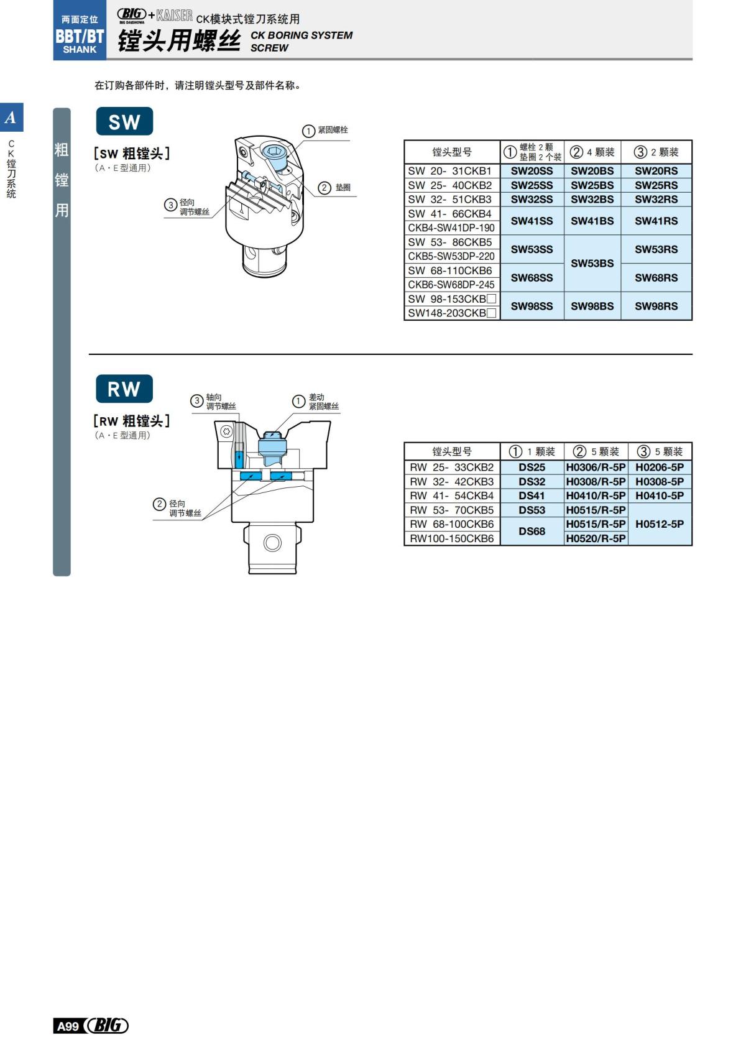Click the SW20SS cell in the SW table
click(532, 171)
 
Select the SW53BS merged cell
click(592, 263)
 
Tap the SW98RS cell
click(656, 306)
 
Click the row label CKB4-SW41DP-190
click(451, 228)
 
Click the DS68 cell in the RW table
click(532, 531)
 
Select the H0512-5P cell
click(659, 524)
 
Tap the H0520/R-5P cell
click(596, 538)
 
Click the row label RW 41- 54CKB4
click(451, 495)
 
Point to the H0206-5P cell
click(659, 467)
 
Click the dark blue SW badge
click(124, 122)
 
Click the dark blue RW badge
click(124, 389)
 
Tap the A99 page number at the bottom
click(68, 1026)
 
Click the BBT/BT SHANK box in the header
click(80, 35)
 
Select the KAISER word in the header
click(175, 16)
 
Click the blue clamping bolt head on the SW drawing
click(274, 152)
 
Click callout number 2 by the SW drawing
click(325, 187)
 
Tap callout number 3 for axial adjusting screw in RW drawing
click(197, 401)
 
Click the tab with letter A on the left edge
click(11, 117)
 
